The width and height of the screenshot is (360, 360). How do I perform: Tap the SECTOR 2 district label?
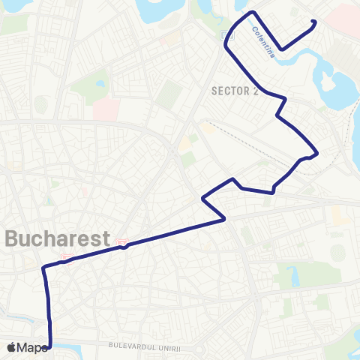pos(235,91)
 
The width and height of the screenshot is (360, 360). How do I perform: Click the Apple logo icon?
pos(11,347)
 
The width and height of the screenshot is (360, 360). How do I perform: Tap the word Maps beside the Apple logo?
pos(32,347)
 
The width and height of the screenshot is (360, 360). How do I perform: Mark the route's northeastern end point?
pos(314,22)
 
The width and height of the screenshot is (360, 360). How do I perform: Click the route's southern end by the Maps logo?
pos(50,346)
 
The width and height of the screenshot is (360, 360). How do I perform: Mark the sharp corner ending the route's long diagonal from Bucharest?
pos(225,219)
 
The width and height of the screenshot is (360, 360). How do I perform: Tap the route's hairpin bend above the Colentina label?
pos(252,13)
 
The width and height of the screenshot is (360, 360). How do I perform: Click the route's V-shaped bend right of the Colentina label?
pos(282,49)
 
